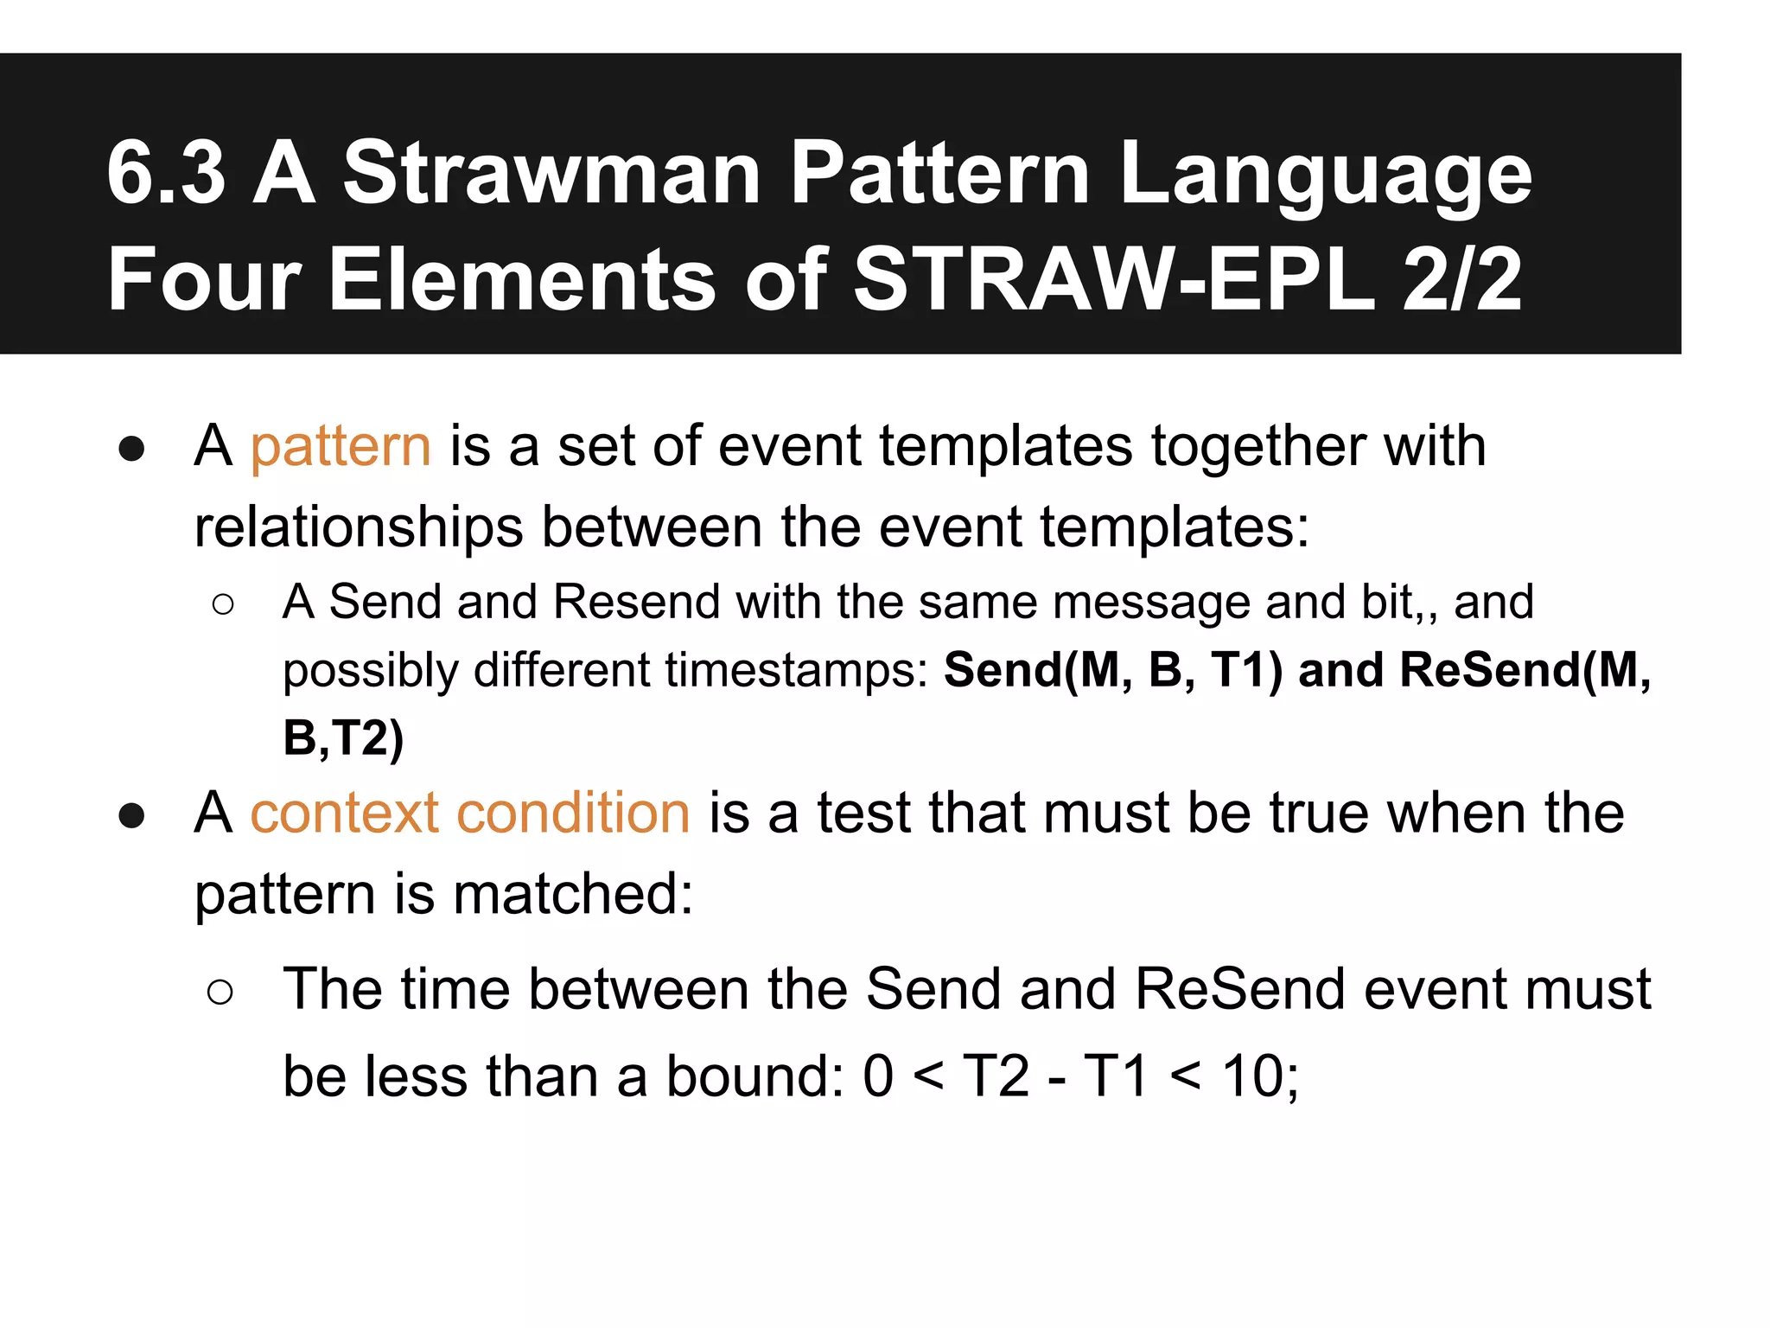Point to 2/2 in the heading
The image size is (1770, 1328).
click(1461, 279)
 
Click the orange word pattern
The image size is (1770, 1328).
click(341, 448)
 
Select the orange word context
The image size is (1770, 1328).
click(344, 814)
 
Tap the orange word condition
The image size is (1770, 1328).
click(572, 814)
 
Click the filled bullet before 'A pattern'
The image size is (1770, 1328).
click(131, 450)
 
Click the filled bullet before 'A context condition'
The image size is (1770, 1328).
click(131, 815)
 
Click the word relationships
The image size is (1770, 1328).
click(359, 527)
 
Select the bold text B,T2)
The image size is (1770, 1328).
click(343, 738)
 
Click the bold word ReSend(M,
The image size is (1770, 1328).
click(1525, 671)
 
